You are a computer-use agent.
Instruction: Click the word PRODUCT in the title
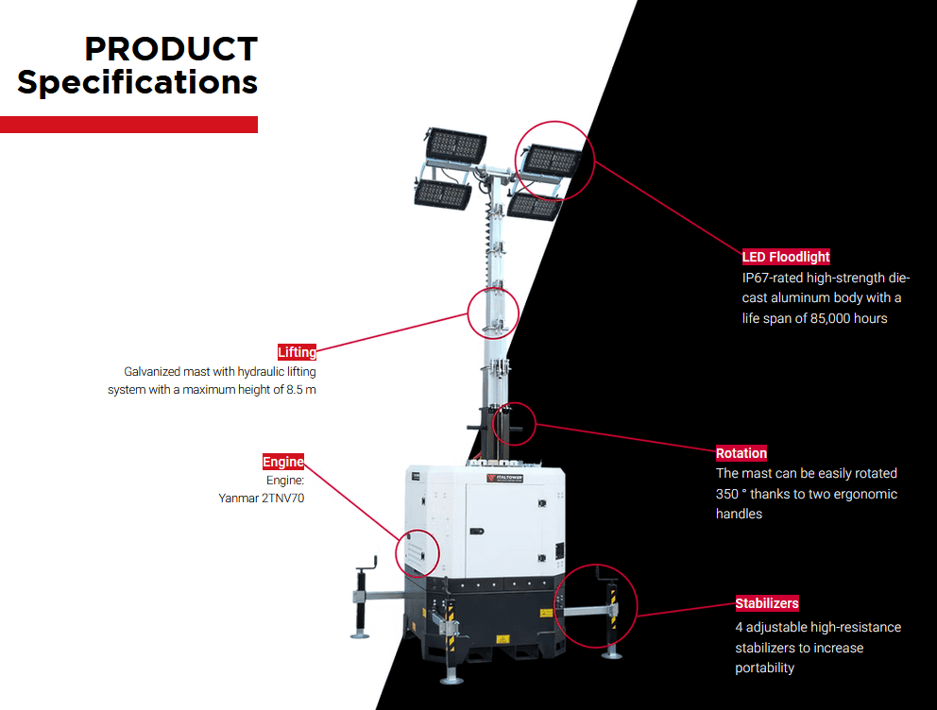coord(171,49)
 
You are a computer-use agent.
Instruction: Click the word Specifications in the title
coord(138,82)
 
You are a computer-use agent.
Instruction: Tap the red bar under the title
coord(128,125)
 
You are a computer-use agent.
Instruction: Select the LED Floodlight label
coord(786,257)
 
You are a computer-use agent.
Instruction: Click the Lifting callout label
coord(298,352)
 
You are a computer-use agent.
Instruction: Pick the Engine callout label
coord(283,462)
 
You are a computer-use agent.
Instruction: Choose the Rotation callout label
coord(741,453)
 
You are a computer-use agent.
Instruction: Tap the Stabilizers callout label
coord(767,602)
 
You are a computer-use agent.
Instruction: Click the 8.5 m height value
coord(300,389)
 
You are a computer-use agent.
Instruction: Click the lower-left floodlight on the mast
coord(442,194)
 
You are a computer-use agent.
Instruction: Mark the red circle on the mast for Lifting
coord(493,313)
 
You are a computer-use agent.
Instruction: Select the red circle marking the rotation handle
coord(514,424)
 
